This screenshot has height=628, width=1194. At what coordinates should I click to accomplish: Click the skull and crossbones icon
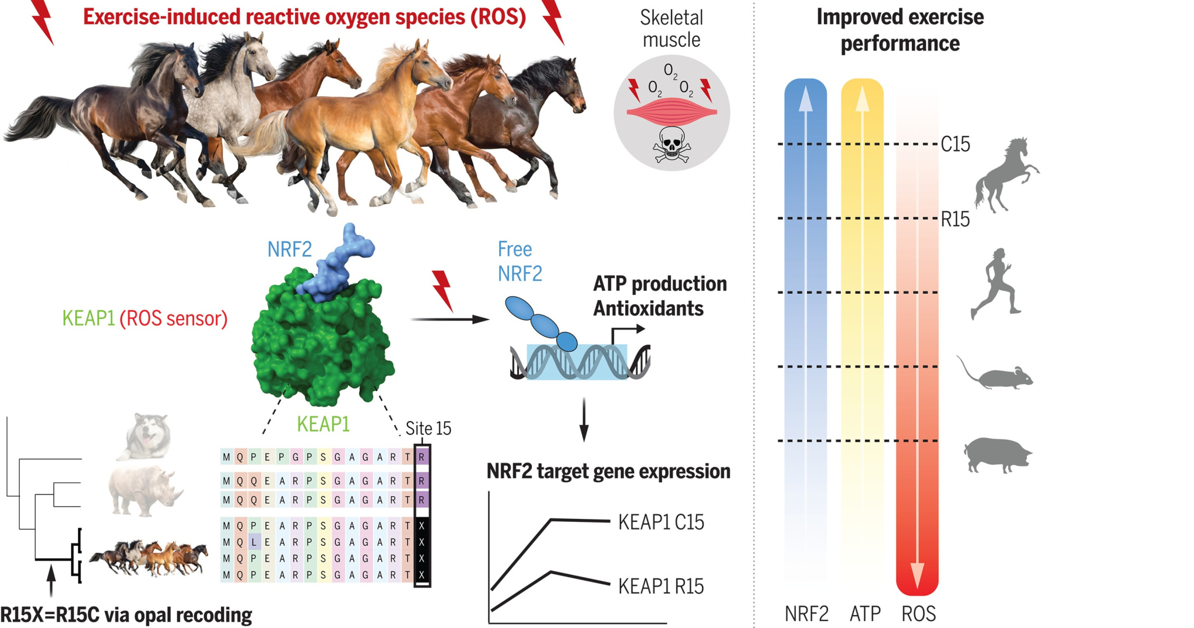pos(671,145)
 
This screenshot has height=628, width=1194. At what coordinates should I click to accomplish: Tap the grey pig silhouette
pos(998,454)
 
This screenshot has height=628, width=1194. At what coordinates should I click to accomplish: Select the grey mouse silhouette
pos(997,376)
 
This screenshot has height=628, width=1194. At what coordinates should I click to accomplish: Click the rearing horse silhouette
pos(1006,175)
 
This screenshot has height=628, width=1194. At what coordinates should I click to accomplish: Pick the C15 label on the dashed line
pos(955,144)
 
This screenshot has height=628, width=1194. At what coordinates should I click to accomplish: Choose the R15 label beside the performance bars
pos(955,219)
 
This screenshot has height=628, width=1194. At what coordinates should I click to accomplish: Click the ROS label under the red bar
pos(918,613)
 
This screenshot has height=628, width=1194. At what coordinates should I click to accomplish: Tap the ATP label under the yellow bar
pos(865,613)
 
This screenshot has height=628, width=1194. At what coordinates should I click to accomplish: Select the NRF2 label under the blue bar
pos(806,613)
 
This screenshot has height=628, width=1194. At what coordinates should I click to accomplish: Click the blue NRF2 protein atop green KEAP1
pos(341,262)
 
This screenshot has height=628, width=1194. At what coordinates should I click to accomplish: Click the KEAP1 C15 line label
pos(661,522)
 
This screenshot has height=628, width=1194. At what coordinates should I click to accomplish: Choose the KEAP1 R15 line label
pos(661,586)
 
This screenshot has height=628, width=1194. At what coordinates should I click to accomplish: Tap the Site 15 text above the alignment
pos(428,429)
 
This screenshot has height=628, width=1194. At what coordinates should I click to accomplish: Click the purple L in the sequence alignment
pos(254,542)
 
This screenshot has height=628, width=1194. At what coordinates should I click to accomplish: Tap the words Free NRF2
pos(519,261)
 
